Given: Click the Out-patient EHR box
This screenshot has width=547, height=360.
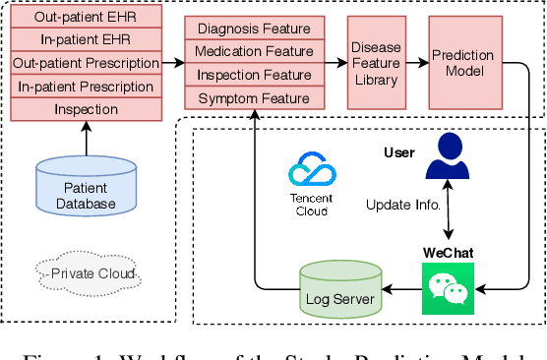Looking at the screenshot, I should pyautogui.click(x=87, y=19).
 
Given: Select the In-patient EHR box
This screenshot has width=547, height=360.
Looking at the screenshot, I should pyautogui.click(x=87, y=41).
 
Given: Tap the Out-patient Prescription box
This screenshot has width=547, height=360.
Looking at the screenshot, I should pyautogui.click(x=87, y=64).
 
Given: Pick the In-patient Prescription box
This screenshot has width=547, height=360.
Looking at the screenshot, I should pyautogui.click(x=87, y=87).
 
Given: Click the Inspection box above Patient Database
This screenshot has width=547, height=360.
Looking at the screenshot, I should pyautogui.click(x=87, y=109).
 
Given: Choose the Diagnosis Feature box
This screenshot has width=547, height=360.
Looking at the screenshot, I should pyautogui.click(x=254, y=30).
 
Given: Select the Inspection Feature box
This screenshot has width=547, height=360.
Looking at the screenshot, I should pyautogui.click(x=254, y=76).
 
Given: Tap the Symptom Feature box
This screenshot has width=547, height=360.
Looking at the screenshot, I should pyautogui.click(x=254, y=98).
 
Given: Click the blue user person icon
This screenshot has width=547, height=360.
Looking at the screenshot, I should pyautogui.click(x=449, y=157).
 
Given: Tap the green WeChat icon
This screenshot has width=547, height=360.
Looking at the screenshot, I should pyautogui.click(x=448, y=288).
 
